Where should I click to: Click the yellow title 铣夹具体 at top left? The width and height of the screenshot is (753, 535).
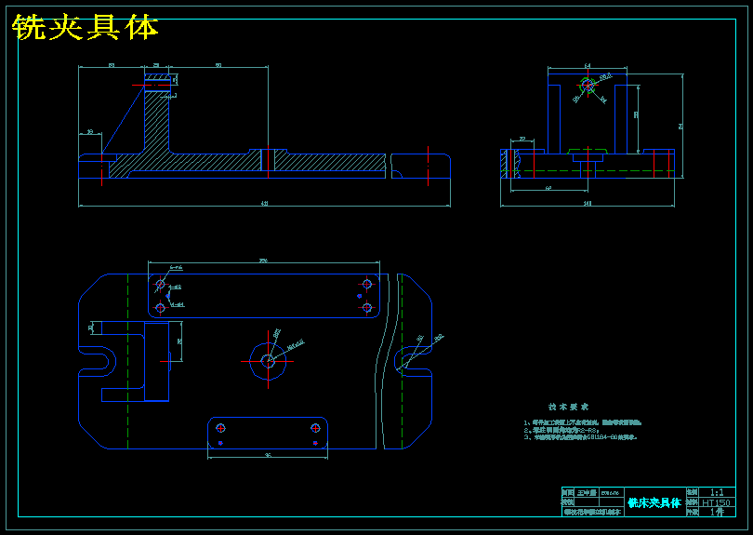[x=86, y=28]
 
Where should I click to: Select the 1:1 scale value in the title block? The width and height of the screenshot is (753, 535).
[x=717, y=492]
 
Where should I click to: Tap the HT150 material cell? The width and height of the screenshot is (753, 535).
[x=717, y=502]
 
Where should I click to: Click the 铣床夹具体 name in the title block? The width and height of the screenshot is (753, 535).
[x=654, y=502]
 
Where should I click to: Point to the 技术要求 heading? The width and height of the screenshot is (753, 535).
[x=568, y=407]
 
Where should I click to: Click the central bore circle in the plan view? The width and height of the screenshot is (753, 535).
[x=268, y=360]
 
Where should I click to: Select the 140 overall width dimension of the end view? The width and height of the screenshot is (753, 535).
[x=587, y=203]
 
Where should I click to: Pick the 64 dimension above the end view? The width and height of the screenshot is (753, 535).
[x=588, y=66]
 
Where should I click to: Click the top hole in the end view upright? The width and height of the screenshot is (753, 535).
[x=588, y=85]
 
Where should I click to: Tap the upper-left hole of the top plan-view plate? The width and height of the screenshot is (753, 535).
[x=161, y=283]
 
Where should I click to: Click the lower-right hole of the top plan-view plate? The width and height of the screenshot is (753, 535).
[x=366, y=307]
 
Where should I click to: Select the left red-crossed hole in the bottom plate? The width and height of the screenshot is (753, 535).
[x=221, y=428]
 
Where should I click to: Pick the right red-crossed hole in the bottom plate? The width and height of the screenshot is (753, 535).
[x=315, y=428]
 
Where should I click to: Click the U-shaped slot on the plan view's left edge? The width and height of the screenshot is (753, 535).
[x=96, y=359]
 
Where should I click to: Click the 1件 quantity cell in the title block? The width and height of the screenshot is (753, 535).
[x=717, y=512]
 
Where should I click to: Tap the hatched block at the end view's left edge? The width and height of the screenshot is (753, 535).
[x=507, y=163]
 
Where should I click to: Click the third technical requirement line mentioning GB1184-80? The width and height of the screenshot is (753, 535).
[x=582, y=436]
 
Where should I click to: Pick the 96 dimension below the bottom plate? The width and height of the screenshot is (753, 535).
[x=268, y=456]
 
